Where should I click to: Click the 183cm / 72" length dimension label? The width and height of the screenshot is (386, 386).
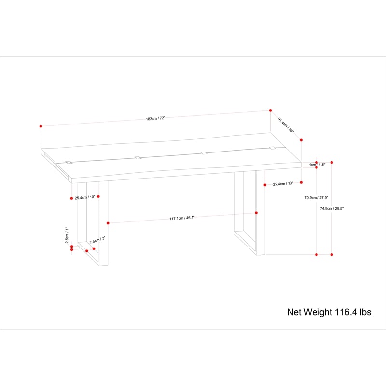[x=155, y=118]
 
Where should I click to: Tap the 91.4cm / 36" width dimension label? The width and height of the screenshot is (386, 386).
[x=286, y=125]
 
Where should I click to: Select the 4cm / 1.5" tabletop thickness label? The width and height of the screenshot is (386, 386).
[x=317, y=165]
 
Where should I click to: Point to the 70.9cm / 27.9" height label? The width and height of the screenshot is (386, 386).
[x=317, y=198]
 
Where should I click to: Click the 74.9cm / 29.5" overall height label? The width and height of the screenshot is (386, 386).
[x=331, y=208]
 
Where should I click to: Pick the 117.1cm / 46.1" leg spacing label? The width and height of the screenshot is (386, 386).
[x=182, y=218]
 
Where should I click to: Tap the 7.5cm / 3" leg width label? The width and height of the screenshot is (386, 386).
[x=97, y=240]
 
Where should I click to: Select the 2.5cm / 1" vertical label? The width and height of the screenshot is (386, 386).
[x=67, y=235]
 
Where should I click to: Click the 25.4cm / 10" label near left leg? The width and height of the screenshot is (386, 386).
[x=85, y=197]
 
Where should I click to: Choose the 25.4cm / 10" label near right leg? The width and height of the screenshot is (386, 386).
[x=283, y=184]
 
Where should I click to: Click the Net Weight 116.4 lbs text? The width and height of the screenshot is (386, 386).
[x=329, y=312]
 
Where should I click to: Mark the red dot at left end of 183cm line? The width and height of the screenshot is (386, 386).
[x=41, y=126]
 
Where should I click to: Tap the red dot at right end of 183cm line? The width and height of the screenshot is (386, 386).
[x=270, y=110]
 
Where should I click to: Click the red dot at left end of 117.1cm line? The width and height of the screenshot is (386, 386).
[x=108, y=223]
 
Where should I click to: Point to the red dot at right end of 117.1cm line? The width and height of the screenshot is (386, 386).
[x=256, y=213]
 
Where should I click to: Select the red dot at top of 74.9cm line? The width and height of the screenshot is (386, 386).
[x=332, y=162]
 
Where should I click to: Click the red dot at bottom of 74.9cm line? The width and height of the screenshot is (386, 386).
[x=332, y=255]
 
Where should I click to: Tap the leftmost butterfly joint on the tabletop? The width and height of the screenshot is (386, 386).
[x=69, y=162]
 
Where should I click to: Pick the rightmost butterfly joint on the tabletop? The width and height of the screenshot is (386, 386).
[x=272, y=148]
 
